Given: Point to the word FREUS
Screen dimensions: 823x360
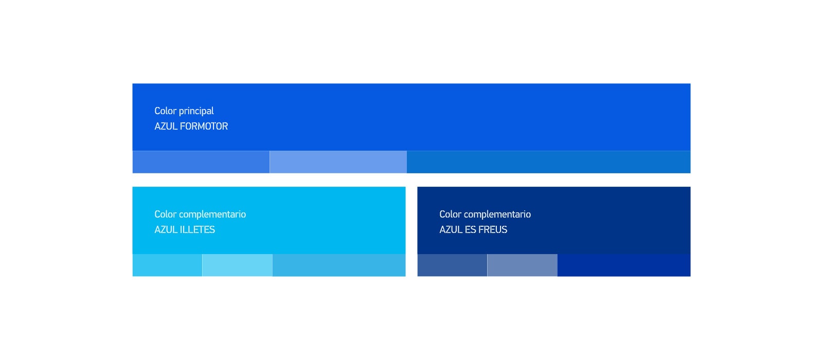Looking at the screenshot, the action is pos(493,229).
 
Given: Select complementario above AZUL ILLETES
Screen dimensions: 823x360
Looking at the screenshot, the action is pos(213,214).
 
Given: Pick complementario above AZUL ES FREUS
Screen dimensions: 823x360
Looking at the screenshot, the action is pos(498,214).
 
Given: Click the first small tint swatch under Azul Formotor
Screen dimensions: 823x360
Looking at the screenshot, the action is pos(201,162).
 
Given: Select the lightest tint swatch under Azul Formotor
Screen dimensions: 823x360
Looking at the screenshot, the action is pos(338,162).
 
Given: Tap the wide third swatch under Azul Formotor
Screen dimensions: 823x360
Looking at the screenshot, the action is pos(548,162).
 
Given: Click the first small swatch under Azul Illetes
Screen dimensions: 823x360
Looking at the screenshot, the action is pos(167,265).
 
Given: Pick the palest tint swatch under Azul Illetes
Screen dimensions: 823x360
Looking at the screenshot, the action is pos(237,265).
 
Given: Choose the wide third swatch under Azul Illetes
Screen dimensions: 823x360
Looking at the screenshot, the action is pos(339,265).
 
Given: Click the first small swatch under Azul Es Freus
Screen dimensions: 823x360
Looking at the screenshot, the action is pos(452,265).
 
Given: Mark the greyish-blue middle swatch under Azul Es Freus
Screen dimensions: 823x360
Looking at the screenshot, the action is pos(523,265).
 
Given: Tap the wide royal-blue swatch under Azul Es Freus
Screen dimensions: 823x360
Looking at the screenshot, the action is pos(624,265).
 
